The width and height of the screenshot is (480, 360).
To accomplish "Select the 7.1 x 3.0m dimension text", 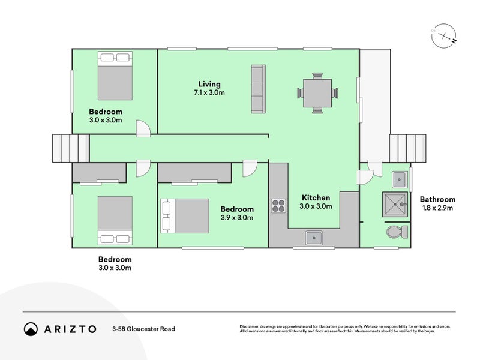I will (x=209, y=93).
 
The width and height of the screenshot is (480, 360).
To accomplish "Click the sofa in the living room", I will (x=258, y=89).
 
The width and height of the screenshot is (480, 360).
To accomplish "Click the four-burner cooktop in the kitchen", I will (x=278, y=205).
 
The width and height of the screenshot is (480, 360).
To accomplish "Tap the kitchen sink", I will (x=314, y=238).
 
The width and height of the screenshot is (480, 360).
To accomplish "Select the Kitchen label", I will (x=316, y=197).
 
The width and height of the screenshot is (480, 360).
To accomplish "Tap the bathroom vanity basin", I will (x=399, y=178).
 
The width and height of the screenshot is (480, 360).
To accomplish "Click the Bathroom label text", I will (x=437, y=199).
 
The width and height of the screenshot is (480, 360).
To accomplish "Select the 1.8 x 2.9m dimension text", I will (x=437, y=208).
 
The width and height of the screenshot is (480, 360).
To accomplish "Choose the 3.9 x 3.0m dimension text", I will (x=236, y=218).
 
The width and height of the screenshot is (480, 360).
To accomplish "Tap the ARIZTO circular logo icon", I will (x=31, y=329).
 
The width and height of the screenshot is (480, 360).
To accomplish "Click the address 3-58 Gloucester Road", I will (x=143, y=329).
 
